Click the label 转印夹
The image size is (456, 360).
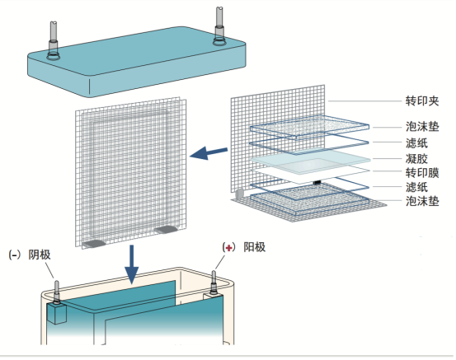click(422, 101)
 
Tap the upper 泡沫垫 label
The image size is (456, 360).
click(422, 127)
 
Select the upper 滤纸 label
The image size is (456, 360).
click(416, 143)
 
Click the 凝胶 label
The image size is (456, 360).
click(416, 159)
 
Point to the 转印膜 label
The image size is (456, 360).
click(422, 173)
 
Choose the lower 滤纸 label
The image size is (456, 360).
click(416, 187)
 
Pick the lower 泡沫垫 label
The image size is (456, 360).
click(422, 201)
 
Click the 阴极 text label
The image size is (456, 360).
click(40, 255)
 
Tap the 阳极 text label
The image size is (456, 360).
click(255, 247)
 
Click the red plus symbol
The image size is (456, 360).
click(229, 248)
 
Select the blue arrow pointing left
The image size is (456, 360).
click(209, 152)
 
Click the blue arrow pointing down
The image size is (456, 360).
click(132, 264)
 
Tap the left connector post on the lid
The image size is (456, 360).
click(54, 40)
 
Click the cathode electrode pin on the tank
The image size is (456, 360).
click(56, 292)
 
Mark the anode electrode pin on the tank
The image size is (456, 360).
click(214, 282)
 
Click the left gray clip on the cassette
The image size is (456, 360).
click(94, 244)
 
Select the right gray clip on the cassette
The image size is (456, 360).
click(166, 230)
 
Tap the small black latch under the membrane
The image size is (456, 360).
click(317, 182)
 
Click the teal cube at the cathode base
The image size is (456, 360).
click(56, 313)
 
